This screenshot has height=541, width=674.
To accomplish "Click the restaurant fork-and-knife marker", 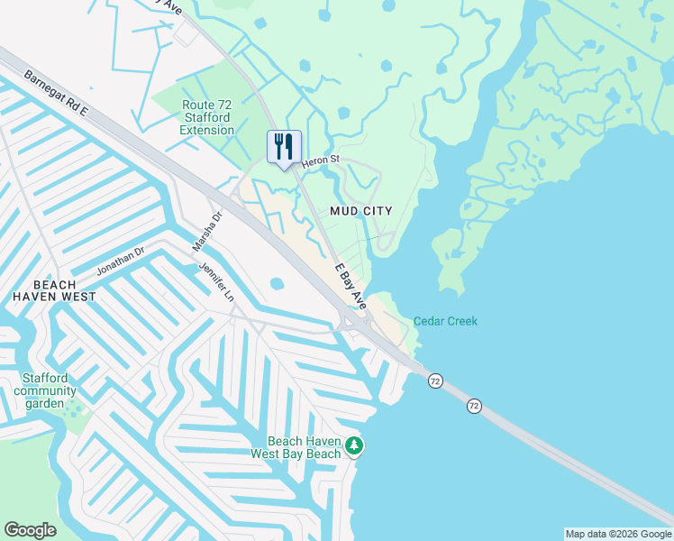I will (x=285, y=147).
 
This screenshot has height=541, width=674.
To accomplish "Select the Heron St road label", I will (x=320, y=161).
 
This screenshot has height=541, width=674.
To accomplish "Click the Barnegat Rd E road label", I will (x=56, y=93).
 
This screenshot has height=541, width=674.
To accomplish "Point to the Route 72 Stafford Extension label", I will (x=206, y=118).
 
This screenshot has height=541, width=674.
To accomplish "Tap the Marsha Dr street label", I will (x=206, y=232).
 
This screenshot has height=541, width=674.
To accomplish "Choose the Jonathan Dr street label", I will (x=121, y=262).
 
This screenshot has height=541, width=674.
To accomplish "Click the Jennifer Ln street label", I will (x=216, y=282).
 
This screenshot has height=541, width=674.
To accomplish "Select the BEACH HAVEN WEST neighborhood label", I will (x=54, y=289).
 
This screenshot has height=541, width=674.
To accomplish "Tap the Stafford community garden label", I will (x=45, y=390).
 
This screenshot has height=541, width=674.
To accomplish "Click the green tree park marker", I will (x=355, y=445).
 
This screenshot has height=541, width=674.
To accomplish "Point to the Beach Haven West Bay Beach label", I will (x=305, y=447).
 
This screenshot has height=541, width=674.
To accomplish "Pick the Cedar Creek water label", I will (x=445, y=322).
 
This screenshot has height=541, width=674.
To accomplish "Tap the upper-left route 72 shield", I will (x=435, y=381).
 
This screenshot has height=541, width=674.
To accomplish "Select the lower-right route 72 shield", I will (x=474, y=407).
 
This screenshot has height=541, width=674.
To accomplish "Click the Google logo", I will (x=30, y=530).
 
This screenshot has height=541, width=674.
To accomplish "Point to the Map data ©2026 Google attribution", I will (x=618, y=534).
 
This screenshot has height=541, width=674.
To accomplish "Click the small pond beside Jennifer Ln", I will (x=276, y=283).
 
